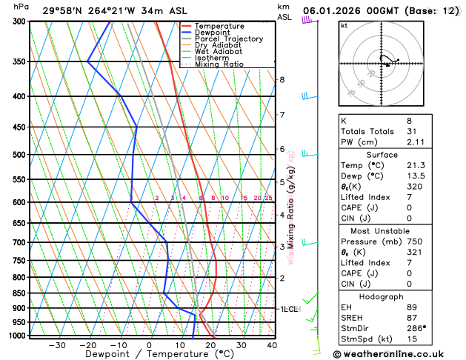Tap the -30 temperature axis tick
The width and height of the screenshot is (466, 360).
point(56,344)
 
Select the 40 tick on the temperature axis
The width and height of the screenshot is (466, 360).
point(272,344)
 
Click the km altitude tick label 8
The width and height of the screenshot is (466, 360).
point(282,80)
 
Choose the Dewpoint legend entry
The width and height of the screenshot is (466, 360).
point(212,33)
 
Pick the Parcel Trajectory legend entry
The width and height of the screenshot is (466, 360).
point(228,39)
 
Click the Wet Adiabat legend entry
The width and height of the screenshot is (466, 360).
point(218,52)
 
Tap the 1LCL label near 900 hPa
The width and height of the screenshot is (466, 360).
point(288,308)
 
